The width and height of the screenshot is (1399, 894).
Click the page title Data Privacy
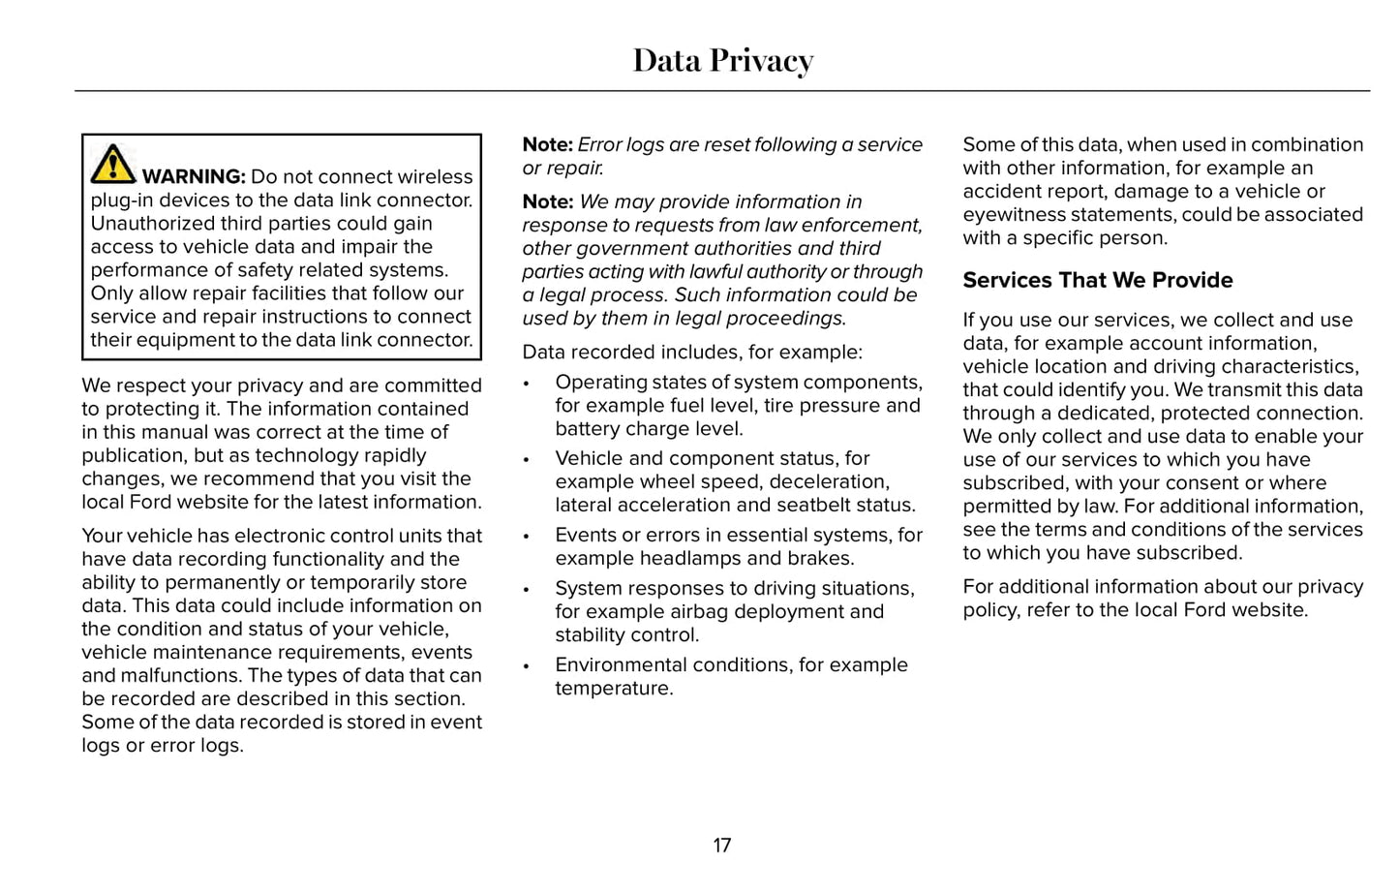click(722, 60)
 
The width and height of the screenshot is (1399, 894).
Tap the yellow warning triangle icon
click(113, 164)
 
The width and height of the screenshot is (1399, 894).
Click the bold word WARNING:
click(194, 176)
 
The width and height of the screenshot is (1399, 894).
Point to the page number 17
click(722, 846)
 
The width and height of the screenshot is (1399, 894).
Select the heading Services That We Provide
click(1097, 280)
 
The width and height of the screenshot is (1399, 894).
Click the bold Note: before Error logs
click(548, 144)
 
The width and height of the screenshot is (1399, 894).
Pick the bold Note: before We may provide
click(548, 201)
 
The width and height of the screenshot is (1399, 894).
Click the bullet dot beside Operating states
click(527, 384)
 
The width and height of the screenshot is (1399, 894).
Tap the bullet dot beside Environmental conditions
click(527, 666)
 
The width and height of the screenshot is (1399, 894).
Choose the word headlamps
click(694, 558)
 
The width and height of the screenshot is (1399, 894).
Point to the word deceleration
click(832, 481)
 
